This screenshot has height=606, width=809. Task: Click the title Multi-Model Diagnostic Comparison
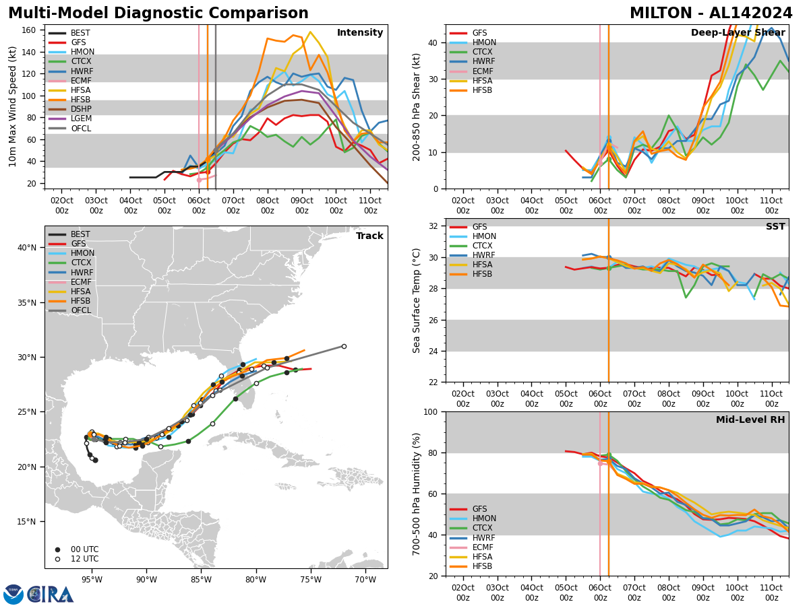[x=158, y=13]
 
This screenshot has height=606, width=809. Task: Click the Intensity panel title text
[x=359, y=33]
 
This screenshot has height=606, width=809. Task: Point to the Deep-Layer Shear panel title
[x=738, y=33]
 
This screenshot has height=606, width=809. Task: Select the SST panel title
[x=775, y=227]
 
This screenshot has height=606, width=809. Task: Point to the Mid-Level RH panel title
[x=750, y=420]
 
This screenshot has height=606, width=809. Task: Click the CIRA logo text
[x=51, y=595]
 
